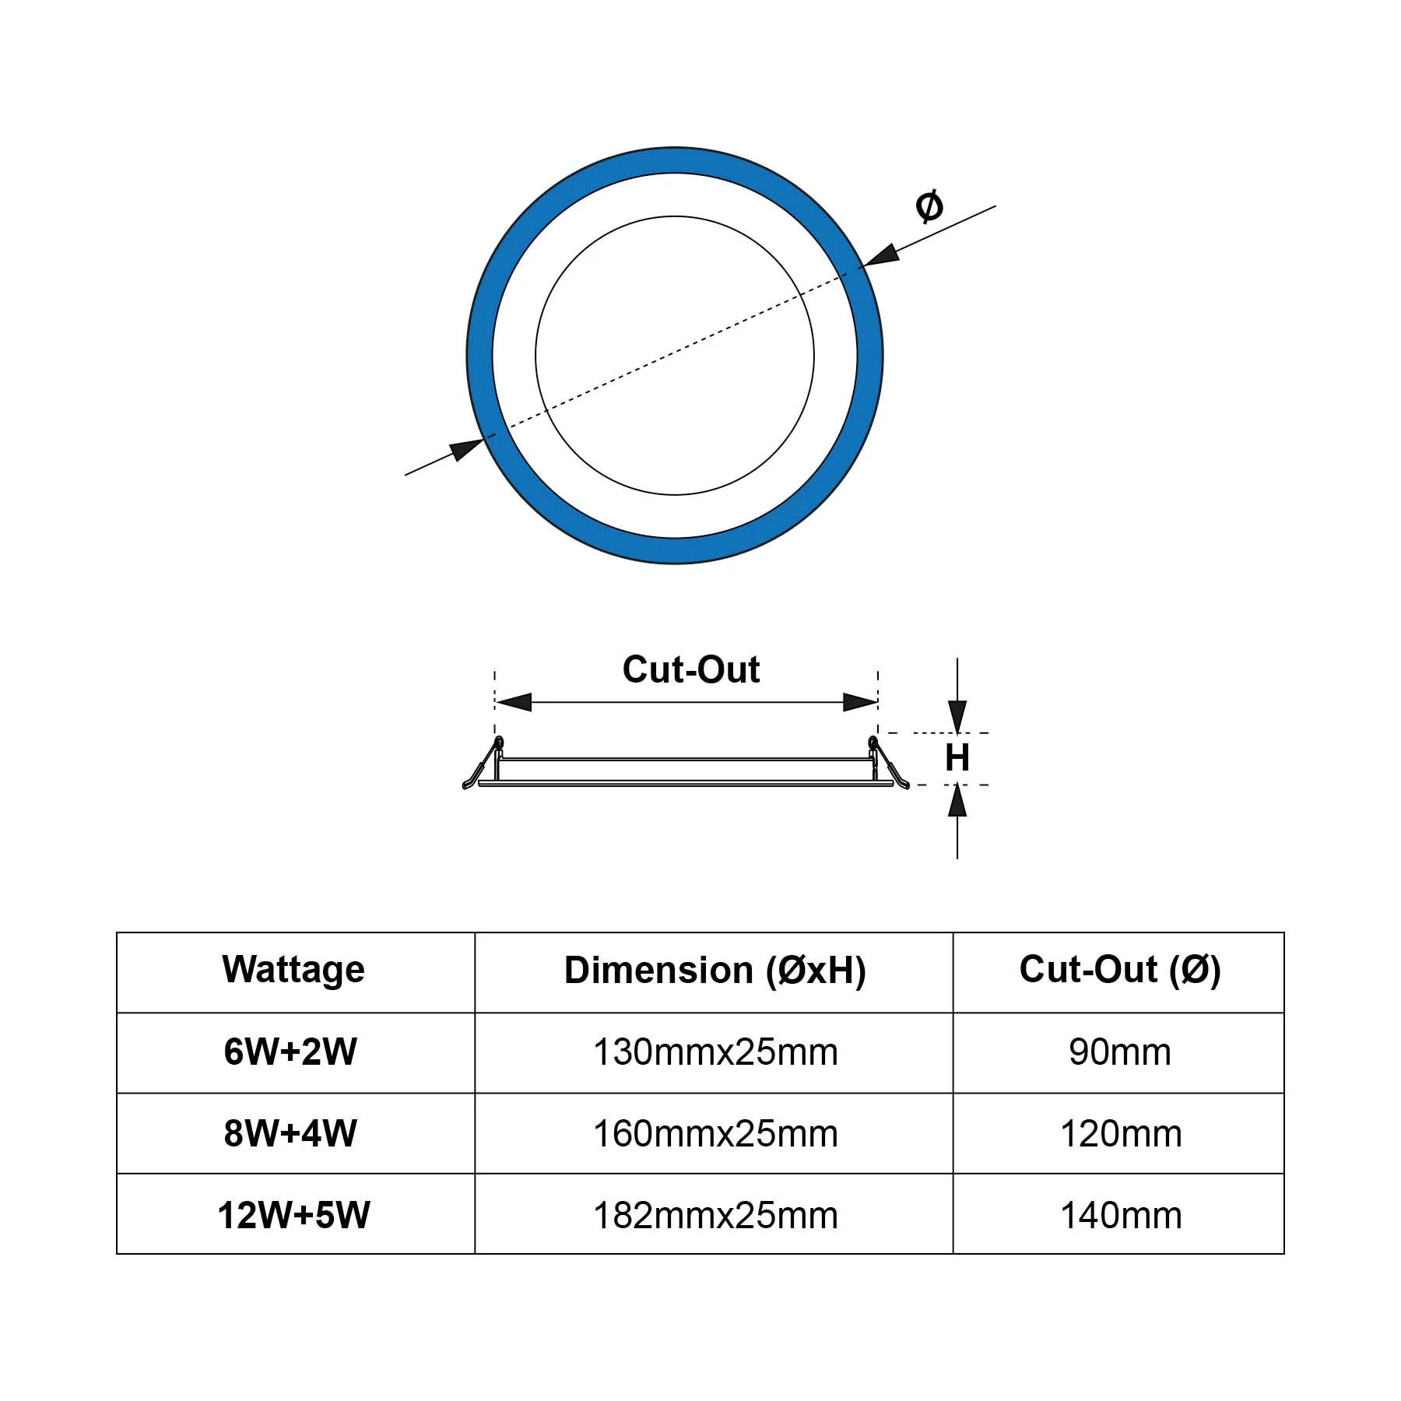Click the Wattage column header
293,970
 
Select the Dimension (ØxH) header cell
715,971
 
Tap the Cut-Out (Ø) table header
1120,970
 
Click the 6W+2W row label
290,1052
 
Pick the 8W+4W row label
290,1133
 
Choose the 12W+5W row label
293,1215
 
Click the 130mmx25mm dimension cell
715,1052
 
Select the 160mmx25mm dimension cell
715,1134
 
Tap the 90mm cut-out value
1120,1052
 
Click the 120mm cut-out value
1121,1134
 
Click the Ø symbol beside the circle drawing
929,205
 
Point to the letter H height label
957,757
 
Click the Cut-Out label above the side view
691,669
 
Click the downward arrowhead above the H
957,716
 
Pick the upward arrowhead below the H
957,800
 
